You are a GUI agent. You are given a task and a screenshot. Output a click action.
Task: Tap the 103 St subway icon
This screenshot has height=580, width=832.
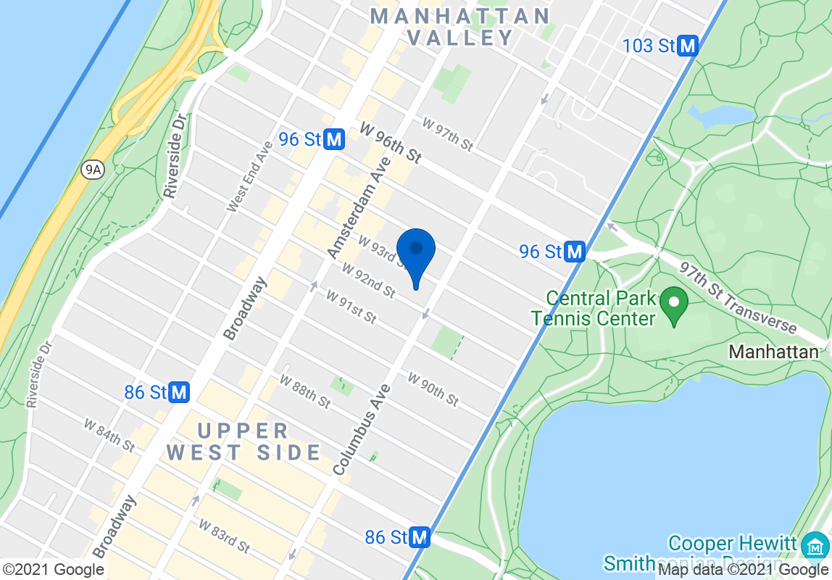[687, 46]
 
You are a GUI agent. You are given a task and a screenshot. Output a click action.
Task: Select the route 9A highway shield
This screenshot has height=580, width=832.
[92, 170]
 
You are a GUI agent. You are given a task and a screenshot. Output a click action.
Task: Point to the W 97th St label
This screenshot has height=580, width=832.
[447, 135]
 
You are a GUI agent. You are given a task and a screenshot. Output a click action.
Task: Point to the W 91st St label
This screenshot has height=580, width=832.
[351, 307]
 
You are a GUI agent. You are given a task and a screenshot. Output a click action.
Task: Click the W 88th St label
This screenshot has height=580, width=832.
[305, 391]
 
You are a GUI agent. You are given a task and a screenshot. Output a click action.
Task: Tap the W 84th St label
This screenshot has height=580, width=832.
[109, 434]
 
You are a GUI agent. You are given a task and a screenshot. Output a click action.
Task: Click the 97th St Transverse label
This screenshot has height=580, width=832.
[737, 297]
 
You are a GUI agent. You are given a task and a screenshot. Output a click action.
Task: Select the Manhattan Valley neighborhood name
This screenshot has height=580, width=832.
[461, 27]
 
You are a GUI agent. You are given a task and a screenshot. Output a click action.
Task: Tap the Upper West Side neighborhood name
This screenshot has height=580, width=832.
[244, 442]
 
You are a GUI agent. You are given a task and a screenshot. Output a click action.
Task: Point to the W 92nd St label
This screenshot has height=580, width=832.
[370, 281]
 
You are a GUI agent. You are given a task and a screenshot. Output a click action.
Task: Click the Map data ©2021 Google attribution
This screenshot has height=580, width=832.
[744, 570]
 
